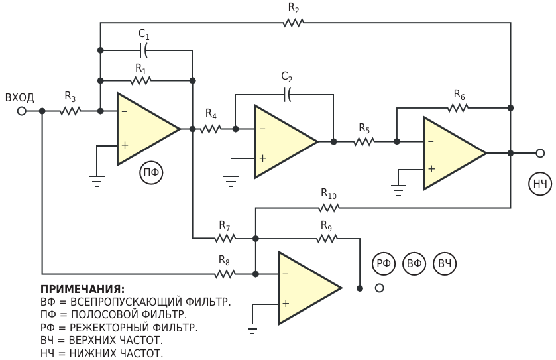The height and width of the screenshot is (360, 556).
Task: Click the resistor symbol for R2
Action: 294,23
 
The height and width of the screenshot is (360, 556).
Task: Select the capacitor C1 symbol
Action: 144,50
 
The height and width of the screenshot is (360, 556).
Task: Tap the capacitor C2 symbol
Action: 287,94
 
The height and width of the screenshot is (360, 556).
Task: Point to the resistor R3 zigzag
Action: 70,111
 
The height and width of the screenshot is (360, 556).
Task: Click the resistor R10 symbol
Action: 329,208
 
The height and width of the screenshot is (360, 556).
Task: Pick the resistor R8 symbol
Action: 225,274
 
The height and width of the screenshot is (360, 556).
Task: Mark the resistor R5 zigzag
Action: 364,141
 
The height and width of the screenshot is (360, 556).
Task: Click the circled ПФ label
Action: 151,173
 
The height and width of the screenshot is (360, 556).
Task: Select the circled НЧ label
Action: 540,184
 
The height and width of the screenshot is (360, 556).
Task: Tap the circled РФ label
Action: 384,263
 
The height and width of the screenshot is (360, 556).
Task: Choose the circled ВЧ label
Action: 445,263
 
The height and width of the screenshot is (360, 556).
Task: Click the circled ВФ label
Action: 414,263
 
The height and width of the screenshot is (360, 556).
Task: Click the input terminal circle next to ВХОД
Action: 22,111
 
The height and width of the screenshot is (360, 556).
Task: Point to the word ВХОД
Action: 20,97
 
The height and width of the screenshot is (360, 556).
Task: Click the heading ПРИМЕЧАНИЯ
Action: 83,290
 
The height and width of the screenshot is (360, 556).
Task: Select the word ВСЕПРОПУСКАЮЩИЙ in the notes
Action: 126,302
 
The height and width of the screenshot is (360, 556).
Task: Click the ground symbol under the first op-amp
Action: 97,181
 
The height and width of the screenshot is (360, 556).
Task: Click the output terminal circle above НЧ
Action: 540,153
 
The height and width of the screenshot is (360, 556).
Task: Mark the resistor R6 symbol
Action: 458,107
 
